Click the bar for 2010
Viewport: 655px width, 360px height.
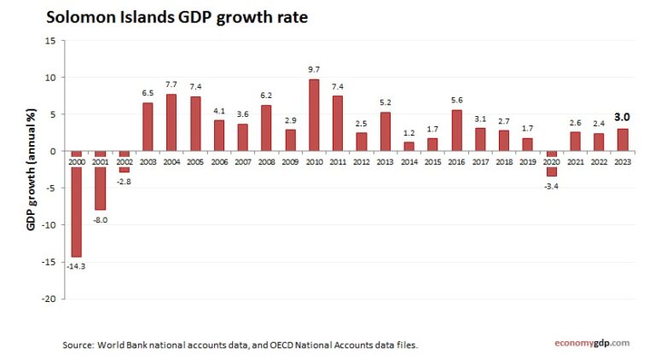point(314,115)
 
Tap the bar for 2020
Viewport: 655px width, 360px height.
point(551,164)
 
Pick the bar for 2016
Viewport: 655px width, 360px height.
point(456,131)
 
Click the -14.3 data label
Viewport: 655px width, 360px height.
point(76,266)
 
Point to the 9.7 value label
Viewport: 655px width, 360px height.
point(314,69)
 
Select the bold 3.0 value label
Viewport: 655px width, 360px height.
point(623,117)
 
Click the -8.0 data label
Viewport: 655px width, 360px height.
point(100,220)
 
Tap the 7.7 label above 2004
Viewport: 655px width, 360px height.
point(171,84)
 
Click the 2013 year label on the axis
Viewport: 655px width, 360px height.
point(385,161)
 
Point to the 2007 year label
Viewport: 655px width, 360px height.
point(242,161)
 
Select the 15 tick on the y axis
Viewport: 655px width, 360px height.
point(49,41)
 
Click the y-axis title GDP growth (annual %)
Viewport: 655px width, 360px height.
point(30,171)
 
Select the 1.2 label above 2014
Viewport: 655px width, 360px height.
point(409,132)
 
